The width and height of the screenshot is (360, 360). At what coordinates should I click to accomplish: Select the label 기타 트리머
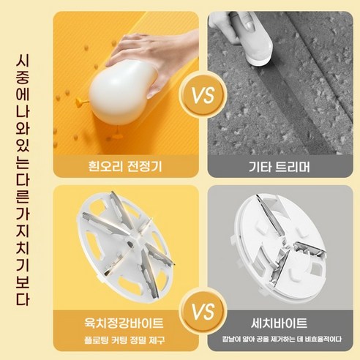tap(279, 168)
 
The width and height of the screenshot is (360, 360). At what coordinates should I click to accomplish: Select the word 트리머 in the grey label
tap(290, 168)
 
